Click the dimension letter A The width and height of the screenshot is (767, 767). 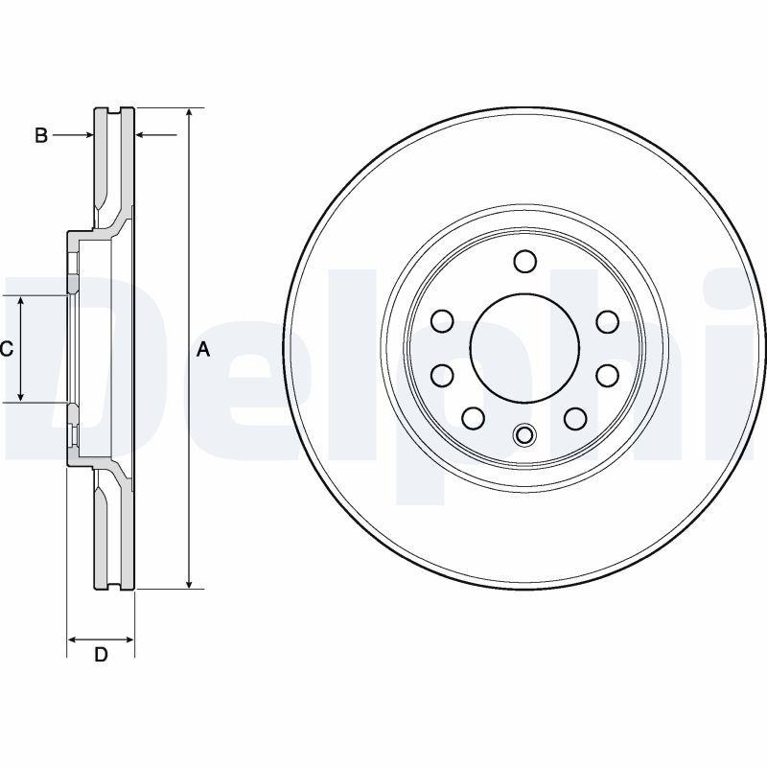[x=202, y=350]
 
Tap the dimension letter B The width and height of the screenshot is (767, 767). [x=41, y=136]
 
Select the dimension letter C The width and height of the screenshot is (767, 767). [x=7, y=350]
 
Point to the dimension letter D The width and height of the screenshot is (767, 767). [x=101, y=656]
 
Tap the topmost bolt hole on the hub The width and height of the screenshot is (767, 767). [x=524, y=261]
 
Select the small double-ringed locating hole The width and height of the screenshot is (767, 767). [x=524, y=436]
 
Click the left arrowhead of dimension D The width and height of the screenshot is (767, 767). [x=73, y=639]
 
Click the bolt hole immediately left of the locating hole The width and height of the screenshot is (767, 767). [x=474, y=418]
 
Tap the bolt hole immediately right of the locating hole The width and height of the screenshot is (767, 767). [x=575, y=418]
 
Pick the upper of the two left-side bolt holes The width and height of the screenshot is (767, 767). [x=442, y=321]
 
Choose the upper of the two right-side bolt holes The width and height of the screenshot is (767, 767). [x=607, y=321]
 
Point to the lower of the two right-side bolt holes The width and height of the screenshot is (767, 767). [x=607, y=375]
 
